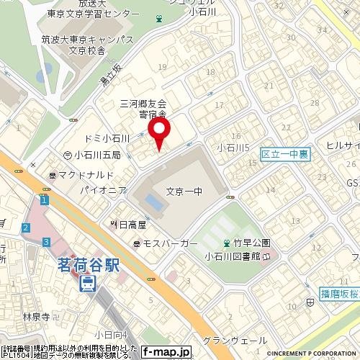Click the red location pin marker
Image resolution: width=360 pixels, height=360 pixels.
tap(158, 131)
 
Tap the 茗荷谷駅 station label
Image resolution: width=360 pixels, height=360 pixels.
tap(88, 264)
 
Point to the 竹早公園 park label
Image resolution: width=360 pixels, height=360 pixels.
tap(246, 243)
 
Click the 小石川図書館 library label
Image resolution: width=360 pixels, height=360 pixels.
tap(235, 256)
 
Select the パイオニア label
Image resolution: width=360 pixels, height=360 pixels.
tap(104, 190)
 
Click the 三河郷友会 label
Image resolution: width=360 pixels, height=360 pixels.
tap(143, 104)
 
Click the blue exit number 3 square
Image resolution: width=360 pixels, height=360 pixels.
tap(46, 241)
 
